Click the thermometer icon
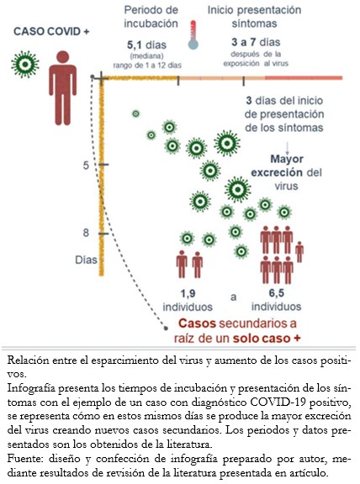click(193, 35)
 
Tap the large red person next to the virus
click(63, 88)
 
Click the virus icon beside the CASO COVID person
click(25, 65)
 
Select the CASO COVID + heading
click(51, 31)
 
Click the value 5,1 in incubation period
click(135, 45)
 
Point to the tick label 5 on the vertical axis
click(86, 166)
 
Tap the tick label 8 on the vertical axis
click(86, 233)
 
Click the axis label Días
click(86, 260)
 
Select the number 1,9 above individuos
click(188, 293)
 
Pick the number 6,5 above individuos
click(276, 292)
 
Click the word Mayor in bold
click(287, 159)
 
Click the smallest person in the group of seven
click(299, 252)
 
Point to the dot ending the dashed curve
click(166, 328)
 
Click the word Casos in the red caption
click(197, 324)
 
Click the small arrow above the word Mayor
click(287, 148)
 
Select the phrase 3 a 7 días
click(256, 42)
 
